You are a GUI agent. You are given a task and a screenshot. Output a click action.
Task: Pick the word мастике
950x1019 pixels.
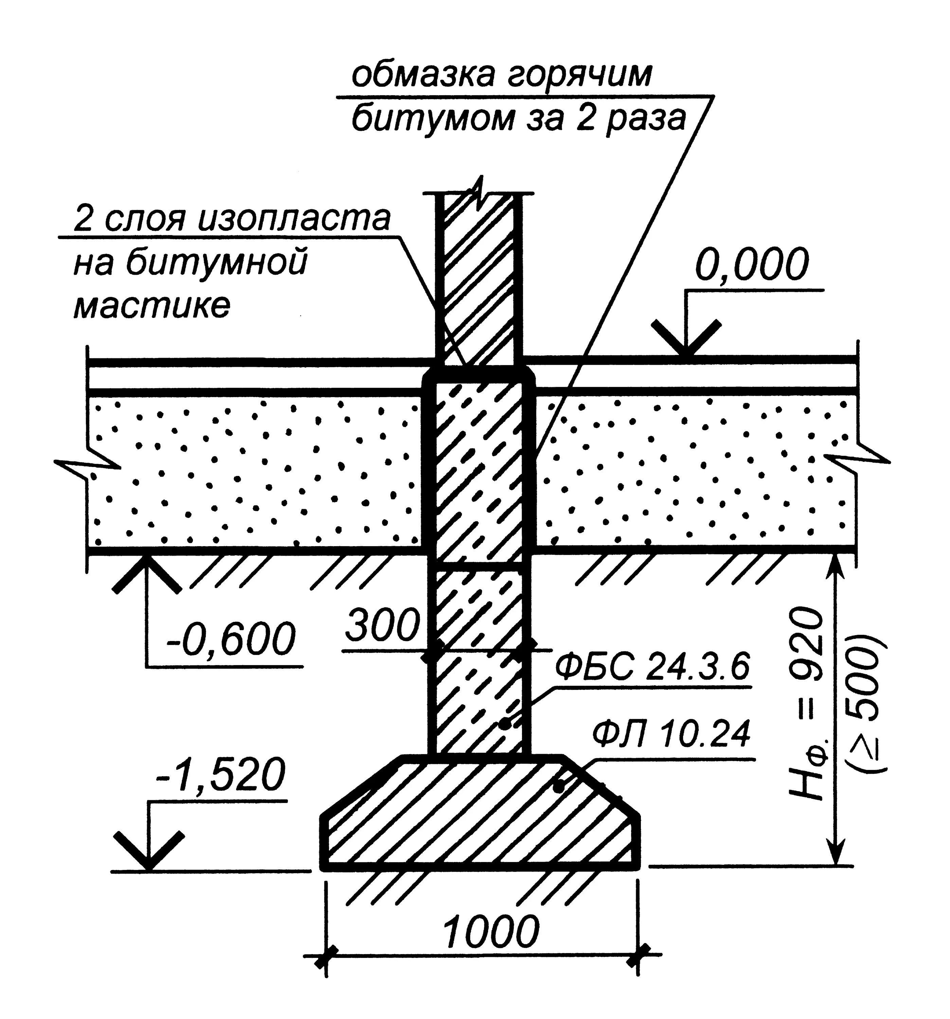pos(152,306)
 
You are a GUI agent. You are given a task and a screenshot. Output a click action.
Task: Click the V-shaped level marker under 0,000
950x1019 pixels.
pos(686,338)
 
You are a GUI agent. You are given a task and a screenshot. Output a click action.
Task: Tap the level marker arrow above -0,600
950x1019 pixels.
pos(147,573)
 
